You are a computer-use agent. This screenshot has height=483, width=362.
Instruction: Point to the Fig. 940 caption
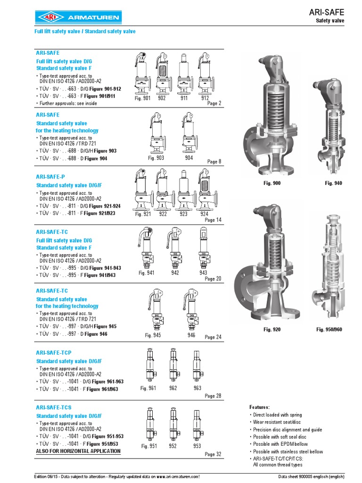click(333, 183)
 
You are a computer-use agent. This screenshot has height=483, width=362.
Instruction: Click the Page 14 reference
click(210, 220)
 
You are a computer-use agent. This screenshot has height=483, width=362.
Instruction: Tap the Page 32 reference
click(213, 455)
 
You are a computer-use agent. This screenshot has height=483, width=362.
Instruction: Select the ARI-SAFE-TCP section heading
click(56, 352)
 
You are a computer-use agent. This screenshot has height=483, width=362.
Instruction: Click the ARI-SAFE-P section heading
click(51, 176)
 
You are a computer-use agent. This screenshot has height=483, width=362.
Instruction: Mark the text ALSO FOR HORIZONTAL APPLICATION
click(78, 451)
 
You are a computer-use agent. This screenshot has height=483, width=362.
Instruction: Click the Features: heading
click(259, 407)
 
